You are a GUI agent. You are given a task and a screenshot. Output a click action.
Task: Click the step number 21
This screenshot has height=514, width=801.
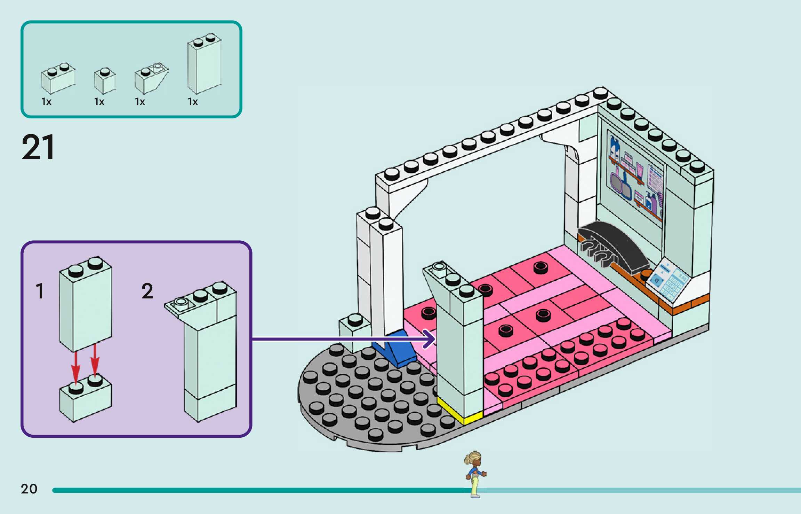click(x=38, y=147)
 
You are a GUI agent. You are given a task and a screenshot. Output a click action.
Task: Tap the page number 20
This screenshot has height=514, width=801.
click(x=29, y=489)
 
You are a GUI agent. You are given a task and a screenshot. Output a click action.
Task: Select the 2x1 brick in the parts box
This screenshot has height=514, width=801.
click(x=58, y=79)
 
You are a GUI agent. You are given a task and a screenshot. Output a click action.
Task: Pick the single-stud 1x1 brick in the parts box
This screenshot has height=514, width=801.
click(x=105, y=81)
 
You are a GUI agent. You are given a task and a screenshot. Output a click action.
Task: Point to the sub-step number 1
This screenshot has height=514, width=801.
click(x=40, y=291)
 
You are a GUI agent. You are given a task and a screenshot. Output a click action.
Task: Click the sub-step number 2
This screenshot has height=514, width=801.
click(x=147, y=291)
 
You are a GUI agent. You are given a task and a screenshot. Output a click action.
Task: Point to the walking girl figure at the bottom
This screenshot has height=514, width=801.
click(x=475, y=474)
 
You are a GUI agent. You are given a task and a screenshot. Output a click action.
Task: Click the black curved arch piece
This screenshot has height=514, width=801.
click(x=616, y=244)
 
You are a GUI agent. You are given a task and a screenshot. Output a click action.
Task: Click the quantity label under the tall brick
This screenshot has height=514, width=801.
click(x=193, y=102)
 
